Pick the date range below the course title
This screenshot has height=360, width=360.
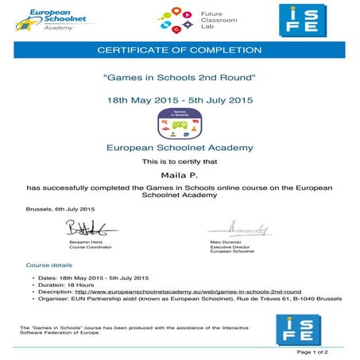(179, 101)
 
